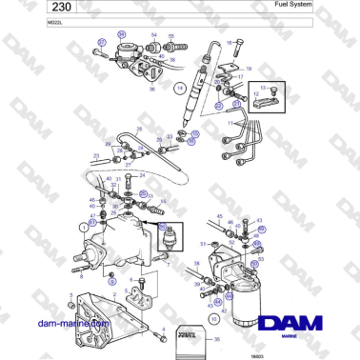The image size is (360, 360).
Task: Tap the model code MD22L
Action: [x=40, y=22]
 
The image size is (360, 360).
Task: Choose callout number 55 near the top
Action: [x=172, y=37]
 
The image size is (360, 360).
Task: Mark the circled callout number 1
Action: [x=84, y=228]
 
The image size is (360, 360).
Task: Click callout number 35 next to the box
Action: [x=215, y=339]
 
